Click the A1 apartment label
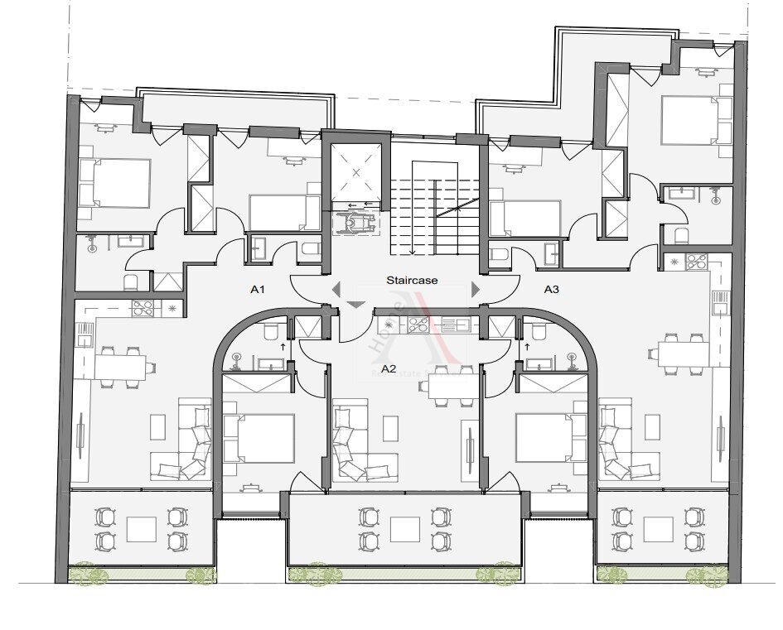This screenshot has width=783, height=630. pos(258,290)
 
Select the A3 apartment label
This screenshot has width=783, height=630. pos(552,290)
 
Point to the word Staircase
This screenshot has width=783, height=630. pos(412,281)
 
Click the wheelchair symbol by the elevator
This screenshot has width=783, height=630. pos(355,223)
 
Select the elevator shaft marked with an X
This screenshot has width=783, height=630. pos(356,172)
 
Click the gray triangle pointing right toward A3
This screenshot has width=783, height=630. pos(476,289)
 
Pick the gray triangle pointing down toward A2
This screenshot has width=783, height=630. pos(355,305)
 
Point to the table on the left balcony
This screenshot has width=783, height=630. pos(141,529)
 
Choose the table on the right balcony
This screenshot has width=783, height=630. pos(658,529)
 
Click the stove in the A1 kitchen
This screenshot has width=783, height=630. pos(143,308)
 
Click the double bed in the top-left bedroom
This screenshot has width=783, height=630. pos(116,183)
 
